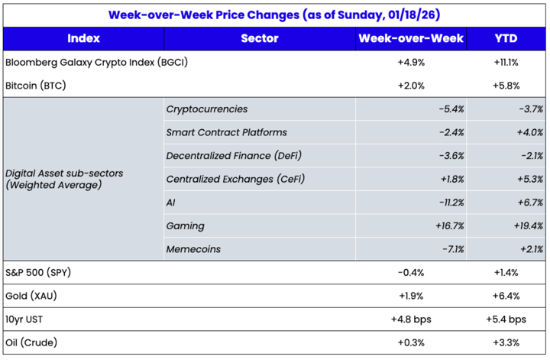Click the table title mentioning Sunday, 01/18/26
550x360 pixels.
[274, 14]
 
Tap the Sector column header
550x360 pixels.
[259, 38]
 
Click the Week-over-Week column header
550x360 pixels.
[411, 38]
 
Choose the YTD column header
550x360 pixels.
[506, 38]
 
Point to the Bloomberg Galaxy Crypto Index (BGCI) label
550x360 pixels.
[96, 63]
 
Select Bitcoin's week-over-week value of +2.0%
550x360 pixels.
[412, 86]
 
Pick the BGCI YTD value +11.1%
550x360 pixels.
[507, 63]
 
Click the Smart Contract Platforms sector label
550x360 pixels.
[226, 132]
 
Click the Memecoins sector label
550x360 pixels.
[194, 249]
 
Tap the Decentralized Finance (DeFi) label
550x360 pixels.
[233, 156]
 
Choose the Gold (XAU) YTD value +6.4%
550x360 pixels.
[507, 296]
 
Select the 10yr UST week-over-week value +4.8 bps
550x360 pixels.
[412, 319]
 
